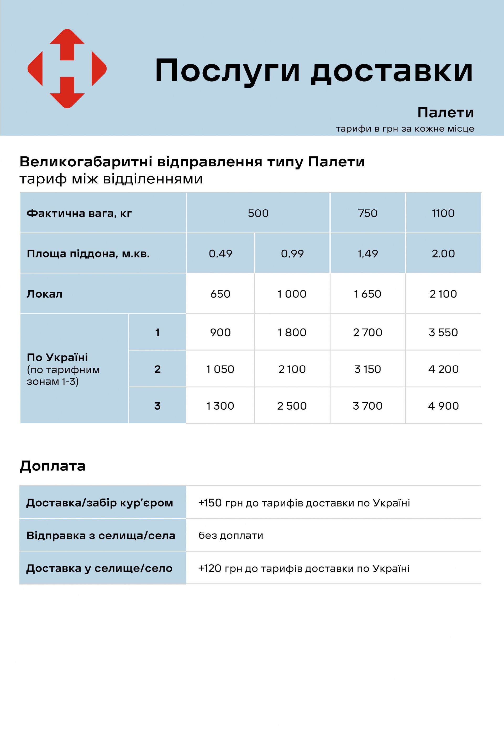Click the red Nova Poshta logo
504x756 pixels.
pyautogui.click(x=67, y=68)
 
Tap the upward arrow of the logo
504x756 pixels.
pyautogui.click(x=67, y=43)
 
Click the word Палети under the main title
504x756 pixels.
pyautogui.click(x=445, y=113)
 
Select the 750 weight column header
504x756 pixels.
pyautogui.click(x=367, y=213)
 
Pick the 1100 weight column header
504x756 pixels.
pyautogui.click(x=443, y=213)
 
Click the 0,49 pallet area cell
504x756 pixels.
pyautogui.click(x=220, y=254)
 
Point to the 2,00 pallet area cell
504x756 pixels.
pyautogui.click(x=443, y=254)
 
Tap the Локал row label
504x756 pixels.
pyautogui.click(x=44, y=294)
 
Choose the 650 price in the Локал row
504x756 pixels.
pyautogui.click(x=220, y=294)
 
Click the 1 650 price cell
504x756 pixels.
pyautogui.click(x=367, y=294)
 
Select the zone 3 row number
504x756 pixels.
pyautogui.click(x=157, y=406)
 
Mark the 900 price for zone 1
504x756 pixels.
pyautogui.click(x=220, y=332)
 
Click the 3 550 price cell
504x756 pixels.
pyautogui.click(x=443, y=332)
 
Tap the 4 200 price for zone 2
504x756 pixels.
pyautogui.click(x=443, y=369)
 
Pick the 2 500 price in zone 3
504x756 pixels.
pyautogui.click(x=292, y=406)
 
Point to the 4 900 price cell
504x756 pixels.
pyautogui.click(x=443, y=406)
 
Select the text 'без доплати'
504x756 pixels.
pyautogui.click(x=231, y=536)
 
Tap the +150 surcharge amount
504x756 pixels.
pyautogui.click(x=210, y=503)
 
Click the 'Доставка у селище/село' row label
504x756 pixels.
pyautogui.click(x=99, y=568)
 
